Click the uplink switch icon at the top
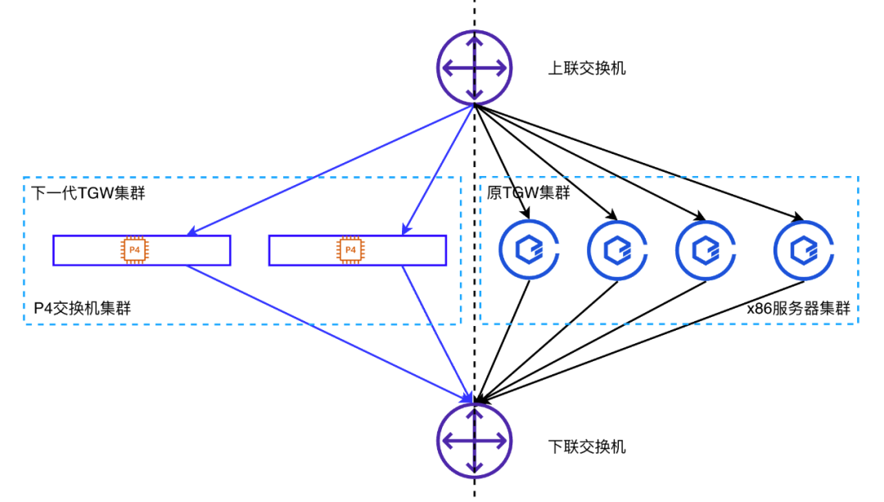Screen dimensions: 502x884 coord(475,68)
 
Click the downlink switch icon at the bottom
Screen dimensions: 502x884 coord(475,441)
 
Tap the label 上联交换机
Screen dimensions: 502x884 coord(587,68)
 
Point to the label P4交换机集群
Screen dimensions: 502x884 coord(83,308)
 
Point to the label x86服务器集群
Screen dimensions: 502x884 coord(799,309)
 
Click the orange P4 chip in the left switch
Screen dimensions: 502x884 coord(134,250)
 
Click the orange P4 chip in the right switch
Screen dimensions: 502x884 coord(350,250)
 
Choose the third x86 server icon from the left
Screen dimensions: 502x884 coord(705,249)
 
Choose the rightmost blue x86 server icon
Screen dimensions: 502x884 coord(803,249)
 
